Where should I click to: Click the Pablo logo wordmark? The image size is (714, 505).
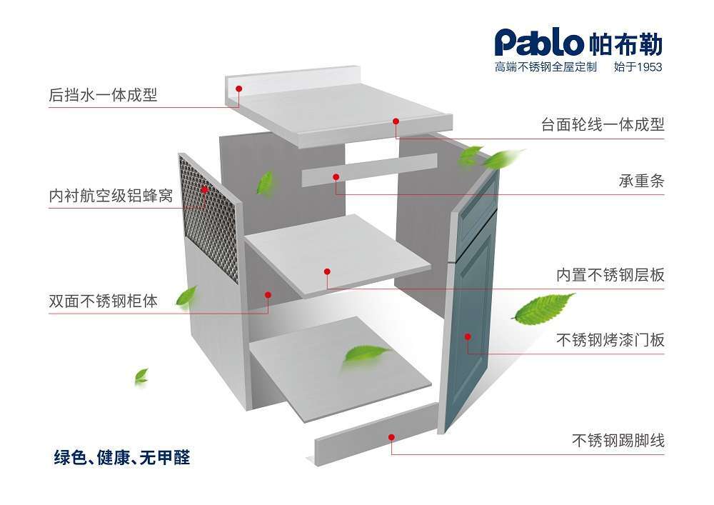click(538, 44)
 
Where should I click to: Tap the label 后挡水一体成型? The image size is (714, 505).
click(103, 95)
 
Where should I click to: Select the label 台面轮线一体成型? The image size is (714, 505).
click(603, 124)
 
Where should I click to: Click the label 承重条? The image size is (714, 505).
click(641, 181)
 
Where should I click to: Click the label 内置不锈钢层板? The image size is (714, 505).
click(610, 275)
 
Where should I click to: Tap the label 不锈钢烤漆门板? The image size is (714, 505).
click(610, 339)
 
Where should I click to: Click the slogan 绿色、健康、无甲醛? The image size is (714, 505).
click(122, 458)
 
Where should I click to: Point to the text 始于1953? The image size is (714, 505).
click(638, 68)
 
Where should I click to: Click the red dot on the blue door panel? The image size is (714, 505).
click(468, 336)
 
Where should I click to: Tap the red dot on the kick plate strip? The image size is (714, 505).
click(392, 437)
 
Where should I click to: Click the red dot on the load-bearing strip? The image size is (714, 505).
click(336, 176)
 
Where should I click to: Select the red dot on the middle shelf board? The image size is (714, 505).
click(328, 271)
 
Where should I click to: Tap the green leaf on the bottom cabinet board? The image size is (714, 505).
click(364, 354)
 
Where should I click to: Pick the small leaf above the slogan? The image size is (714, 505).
click(141, 375)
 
